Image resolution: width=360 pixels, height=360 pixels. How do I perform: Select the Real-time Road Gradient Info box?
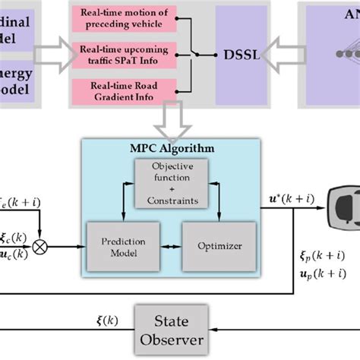125,90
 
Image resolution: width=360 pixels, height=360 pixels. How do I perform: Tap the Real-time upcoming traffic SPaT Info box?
125,53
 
